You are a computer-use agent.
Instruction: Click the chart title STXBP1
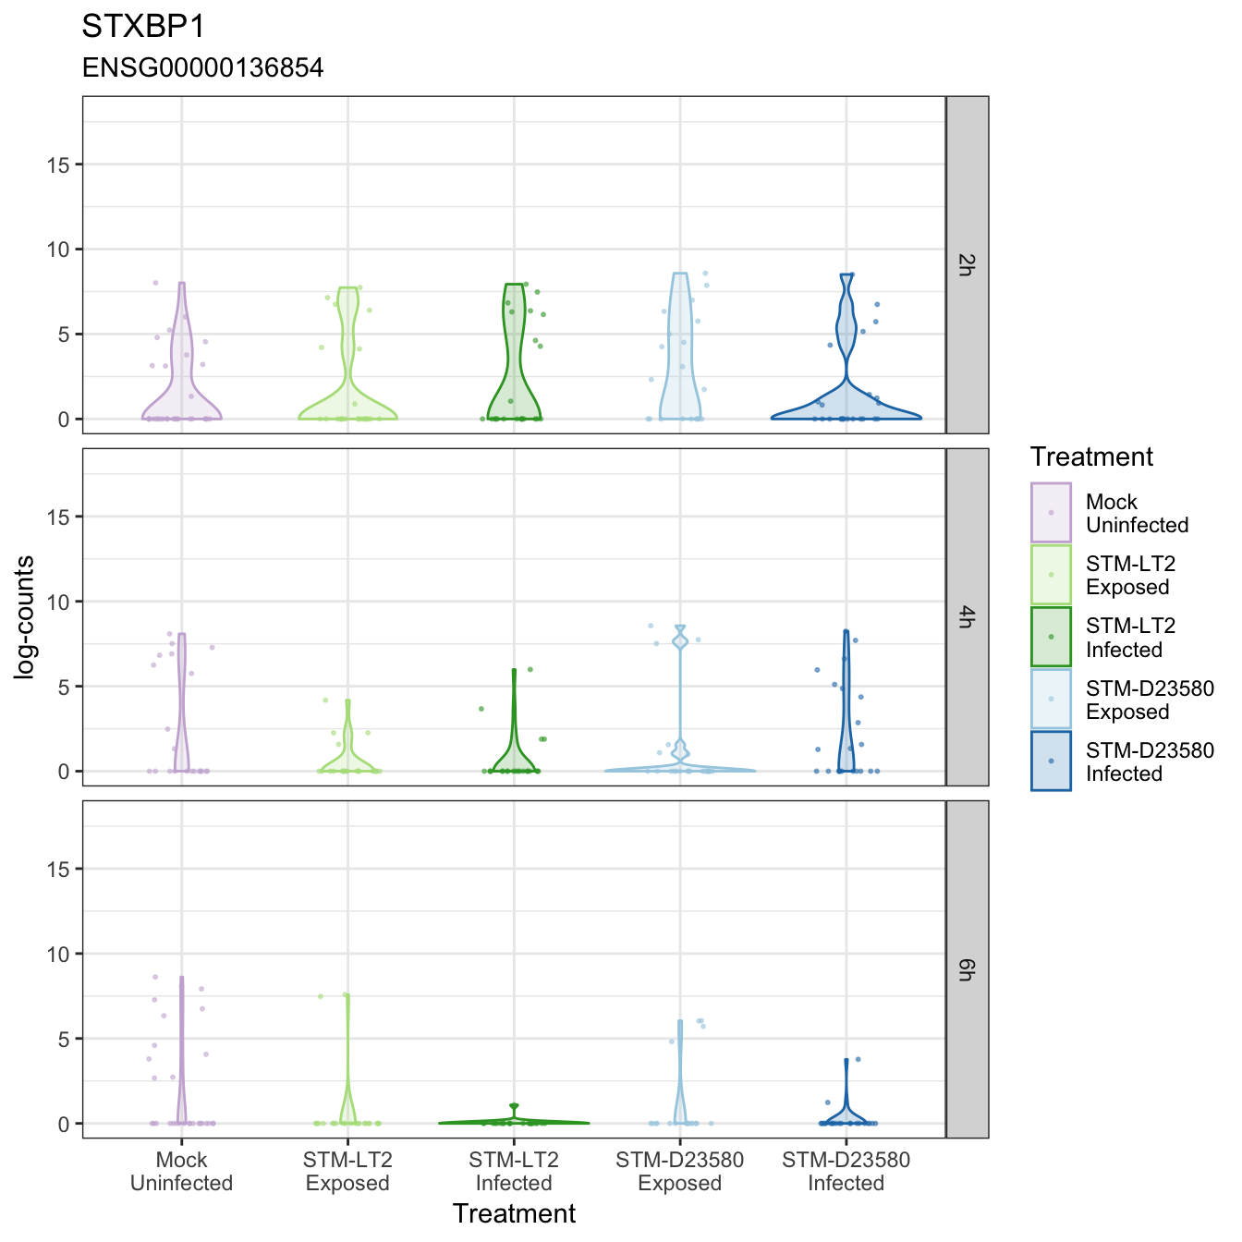pyautogui.click(x=143, y=27)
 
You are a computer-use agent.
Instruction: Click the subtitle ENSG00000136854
pyautogui.click(x=202, y=67)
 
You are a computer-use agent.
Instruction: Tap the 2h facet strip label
pyautogui.click(x=966, y=265)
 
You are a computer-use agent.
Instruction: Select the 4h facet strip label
pyautogui.click(x=966, y=616)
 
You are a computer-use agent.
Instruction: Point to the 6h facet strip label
pyautogui.click(x=966, y=969)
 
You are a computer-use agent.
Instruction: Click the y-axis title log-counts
pyautogui.click(x=24, y=617)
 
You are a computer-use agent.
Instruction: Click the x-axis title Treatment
pyautogui.click(x=514, y=1213)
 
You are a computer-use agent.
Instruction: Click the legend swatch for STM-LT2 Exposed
pyautogui.click(x=1051, y=574)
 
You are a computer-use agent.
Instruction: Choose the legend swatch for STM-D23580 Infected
pyautogui.click(x=1051, y=761)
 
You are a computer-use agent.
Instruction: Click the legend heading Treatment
pyautogui.click(x=1091, y=457)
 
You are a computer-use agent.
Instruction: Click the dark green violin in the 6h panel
pyautogui.click(x=514, y=1122)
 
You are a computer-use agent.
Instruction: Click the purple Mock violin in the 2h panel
pyautogui.click(x=182, y=386)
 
